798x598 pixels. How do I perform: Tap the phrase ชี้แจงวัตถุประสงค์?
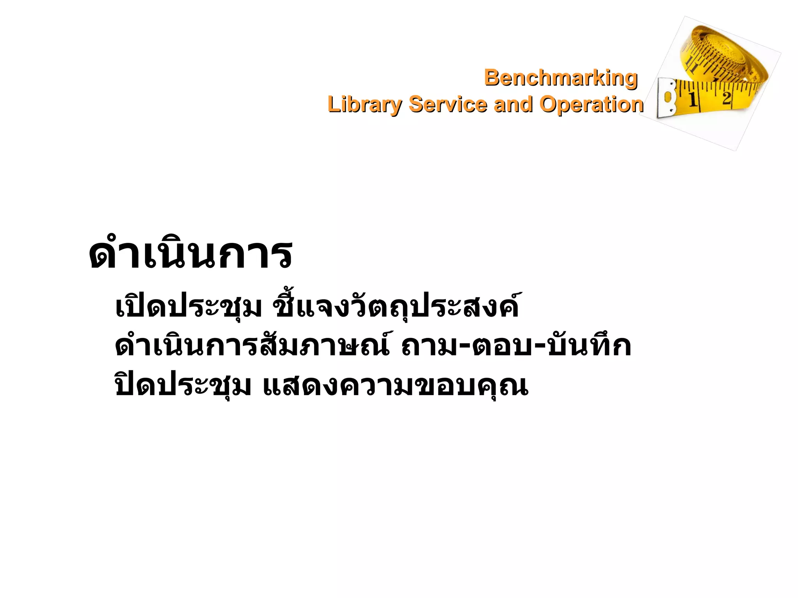[x=396, y=308]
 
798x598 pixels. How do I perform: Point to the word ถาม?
[x=428, y=346]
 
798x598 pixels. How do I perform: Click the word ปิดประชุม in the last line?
[x=183, y=385]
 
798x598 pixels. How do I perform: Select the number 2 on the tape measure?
[x=726, y=98]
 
